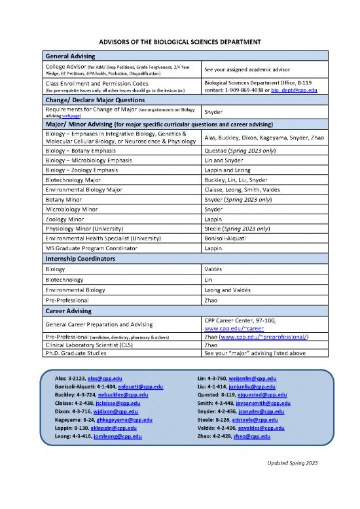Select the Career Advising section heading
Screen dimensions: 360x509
[x=69, y=310]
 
